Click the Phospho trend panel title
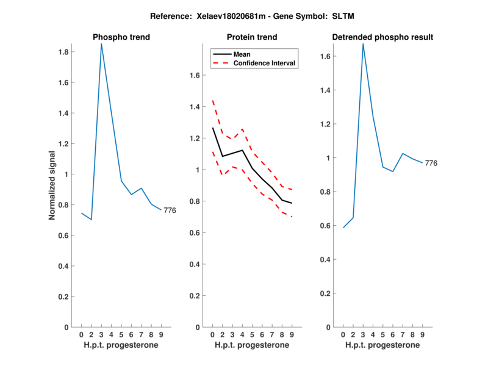[x=121, y=37]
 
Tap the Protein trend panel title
[x=252, y=37]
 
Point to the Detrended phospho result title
[x=382, y=37]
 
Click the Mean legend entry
[x=242, y=54]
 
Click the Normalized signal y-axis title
[x=53, y=185]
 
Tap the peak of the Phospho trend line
[x=101, y=44]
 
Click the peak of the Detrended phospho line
[x=363, y=44]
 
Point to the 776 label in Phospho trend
[x=170, y=210]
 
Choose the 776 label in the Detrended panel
[x=431, y=163]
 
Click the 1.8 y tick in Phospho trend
[x=63, y=52]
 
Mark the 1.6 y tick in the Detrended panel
[x=325, y=56]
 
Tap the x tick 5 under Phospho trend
[x=121, y=334]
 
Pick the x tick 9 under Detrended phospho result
[x=422, y=334]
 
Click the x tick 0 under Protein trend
[x=212, y=334]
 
